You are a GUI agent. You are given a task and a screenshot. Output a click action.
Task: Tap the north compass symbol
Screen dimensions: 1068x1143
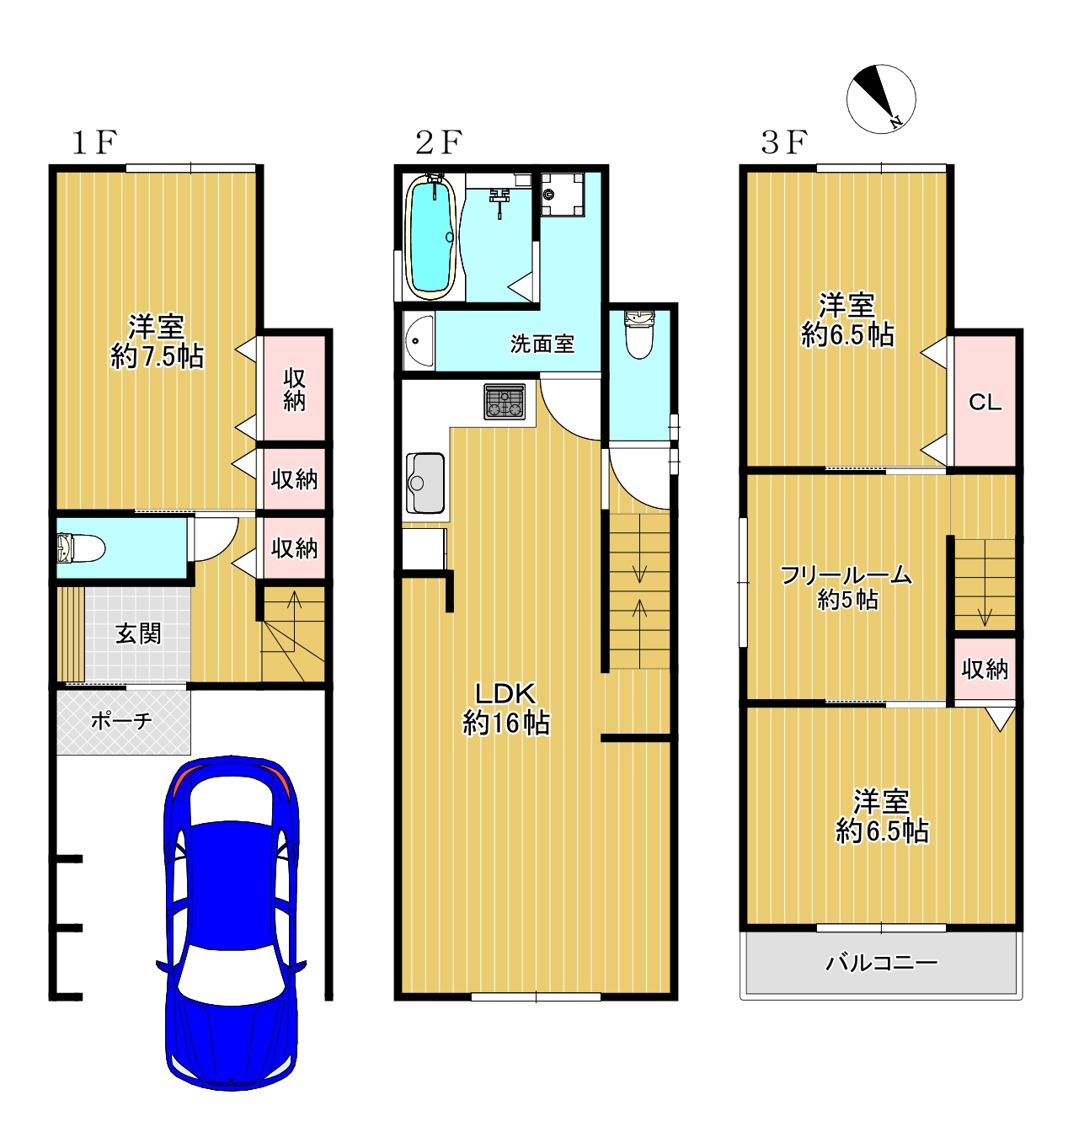pos(880,99)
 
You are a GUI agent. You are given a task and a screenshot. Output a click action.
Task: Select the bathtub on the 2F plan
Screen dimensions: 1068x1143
pos(431,237)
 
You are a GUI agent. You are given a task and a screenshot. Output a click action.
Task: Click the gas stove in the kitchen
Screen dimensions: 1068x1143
pos(505,401)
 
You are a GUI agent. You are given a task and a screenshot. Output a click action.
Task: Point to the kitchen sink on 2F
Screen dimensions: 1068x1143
pos(425,483)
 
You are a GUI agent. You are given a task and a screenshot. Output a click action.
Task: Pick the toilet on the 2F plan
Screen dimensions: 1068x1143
pos(639,334)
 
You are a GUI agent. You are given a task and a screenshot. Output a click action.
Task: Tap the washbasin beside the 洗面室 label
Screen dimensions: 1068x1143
pos(419,341)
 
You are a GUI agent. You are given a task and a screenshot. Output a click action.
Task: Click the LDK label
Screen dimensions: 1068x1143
pos(505,693)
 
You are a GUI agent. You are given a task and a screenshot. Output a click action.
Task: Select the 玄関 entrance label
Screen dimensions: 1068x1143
pos(138,633)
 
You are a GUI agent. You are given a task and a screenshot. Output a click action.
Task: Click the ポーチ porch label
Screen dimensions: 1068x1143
pos(121,720)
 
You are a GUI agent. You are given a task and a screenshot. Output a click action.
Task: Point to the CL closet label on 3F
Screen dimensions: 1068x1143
pos(985,403)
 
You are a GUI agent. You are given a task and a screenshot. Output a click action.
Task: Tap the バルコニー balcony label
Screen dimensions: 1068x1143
pos(882,962)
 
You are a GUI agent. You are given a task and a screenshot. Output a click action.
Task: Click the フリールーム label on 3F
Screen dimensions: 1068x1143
pos(846,575)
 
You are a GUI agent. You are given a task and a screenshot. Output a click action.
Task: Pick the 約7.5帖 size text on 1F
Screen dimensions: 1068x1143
pos(157,357)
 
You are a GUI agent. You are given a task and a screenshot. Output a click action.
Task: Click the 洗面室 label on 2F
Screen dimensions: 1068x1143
pos(542,344)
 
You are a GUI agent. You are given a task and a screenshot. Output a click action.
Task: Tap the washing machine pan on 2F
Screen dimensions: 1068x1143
pos(563,195)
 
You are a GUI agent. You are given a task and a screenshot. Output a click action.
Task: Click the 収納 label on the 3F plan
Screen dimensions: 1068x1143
pos(985,670)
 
